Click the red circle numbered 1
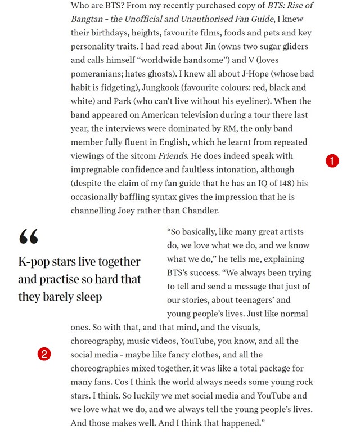332,160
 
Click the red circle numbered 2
44,354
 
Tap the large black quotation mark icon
29,237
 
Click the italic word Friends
172,156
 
